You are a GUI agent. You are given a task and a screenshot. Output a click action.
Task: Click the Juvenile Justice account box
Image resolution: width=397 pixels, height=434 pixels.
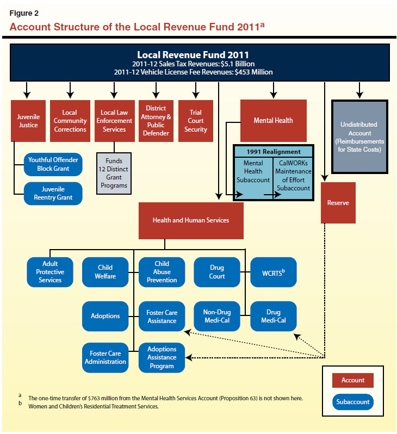[x=28, y=121]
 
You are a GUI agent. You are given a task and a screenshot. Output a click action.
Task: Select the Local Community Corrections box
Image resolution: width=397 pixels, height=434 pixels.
[x=70, y=121]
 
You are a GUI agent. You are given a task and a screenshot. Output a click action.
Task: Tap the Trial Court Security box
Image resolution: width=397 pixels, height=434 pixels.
[x=196, y=121]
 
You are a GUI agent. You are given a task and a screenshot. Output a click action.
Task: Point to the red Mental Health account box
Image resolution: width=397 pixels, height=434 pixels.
[x=273, y=120]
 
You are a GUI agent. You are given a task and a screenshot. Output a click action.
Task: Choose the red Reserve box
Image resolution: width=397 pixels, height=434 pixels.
[x=338, y=202]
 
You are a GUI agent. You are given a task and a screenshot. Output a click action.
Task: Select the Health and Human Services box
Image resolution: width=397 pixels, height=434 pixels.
[x=190, y=220]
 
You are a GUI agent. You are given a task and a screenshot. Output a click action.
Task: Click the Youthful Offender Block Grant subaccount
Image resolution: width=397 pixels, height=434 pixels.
[x=53, y=164]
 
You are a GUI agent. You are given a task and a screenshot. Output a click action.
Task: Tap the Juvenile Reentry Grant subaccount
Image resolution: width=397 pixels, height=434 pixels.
[x=53, y=194]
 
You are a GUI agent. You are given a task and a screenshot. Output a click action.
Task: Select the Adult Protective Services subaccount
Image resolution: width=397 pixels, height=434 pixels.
[x=50, y=272]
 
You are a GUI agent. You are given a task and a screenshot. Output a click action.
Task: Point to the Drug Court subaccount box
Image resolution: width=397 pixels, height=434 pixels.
[x=217, y=272]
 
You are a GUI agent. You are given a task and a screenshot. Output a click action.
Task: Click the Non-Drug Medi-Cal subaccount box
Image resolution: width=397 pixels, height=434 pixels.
[x=217, y=316]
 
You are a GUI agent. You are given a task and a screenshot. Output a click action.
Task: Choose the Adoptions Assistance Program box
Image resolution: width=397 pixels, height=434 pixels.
[x=162, y=357]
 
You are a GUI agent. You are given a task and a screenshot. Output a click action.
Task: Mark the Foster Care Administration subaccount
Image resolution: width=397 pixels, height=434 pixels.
[x=106, y=357]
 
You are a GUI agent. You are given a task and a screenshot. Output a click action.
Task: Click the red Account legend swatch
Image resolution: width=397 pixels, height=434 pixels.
[x=352, y=380]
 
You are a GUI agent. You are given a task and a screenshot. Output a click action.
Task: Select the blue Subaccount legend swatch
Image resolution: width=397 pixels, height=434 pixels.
[x=352, y=402]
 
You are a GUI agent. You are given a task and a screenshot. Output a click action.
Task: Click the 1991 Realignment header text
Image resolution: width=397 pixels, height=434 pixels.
[x=274, y=152]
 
